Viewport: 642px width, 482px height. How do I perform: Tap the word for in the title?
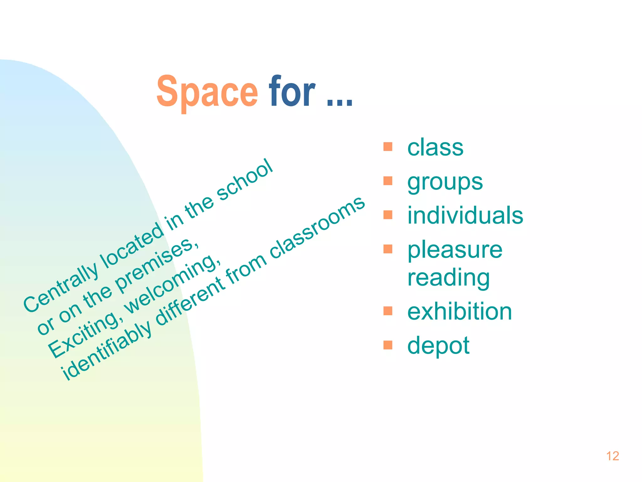click(292, 92)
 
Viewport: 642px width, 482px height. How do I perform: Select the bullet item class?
click(435, 147)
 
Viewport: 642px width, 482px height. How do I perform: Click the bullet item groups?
click(445, 182)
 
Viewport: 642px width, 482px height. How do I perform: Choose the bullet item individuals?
click(465, 216)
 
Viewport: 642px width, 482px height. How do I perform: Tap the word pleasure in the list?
click(455, 250)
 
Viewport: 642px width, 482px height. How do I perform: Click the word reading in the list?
click(448, 278)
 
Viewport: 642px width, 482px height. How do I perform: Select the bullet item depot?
click(438, 345)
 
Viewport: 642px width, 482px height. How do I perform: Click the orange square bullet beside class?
click(388, 147)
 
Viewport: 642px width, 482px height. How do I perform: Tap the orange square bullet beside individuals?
click(388, 215)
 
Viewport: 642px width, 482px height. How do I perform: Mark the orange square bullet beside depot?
click(388, 345)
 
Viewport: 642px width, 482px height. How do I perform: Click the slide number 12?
click(613, 456)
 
